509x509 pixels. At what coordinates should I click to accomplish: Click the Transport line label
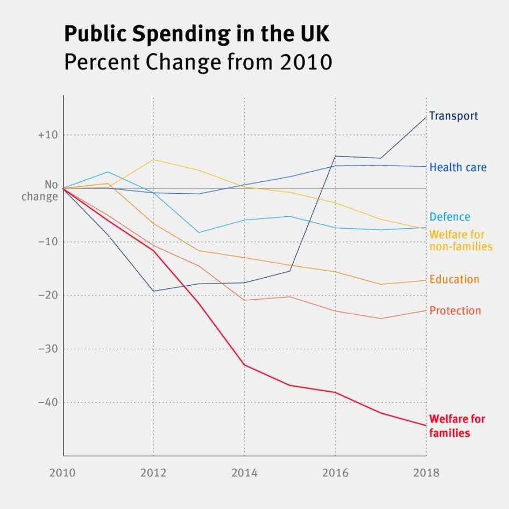pyautogui.click(x=453, y=116)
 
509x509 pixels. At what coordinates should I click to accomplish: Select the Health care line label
pyautogui.click(x=457, y=167)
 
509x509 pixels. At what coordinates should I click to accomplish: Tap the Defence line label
pyautogui.click(x=449, y=217)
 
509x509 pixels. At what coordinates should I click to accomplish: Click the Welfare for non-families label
pyautogui.click(x=461, y=241)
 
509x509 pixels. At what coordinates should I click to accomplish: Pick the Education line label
pyautogui.click(x=454, y=279)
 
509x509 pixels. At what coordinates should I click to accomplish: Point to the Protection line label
pyautogui.click(x=455, y=310)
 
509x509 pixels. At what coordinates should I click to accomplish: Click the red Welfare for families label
pyautogui.click(x=457, y=426)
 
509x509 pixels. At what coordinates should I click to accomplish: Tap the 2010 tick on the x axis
pyautogui.click(x=63, y=473)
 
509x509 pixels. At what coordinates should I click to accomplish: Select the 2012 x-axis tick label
pyautogui.click(x=154, y=473)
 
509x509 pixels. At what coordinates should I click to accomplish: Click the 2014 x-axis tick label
pyautogui.click(x=244, y=473)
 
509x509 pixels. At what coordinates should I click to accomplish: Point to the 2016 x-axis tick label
pyautogui.click(x=335, y=473)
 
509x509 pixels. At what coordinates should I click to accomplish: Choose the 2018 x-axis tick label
pyautogui.click(x=426, y=473)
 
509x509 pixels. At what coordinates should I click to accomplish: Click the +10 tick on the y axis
pyautogui.click(x=47, y=135)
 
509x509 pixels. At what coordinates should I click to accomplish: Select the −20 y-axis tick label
pyautogui.click(x=47, y=295)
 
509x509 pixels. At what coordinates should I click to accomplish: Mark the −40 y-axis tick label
pyautogui.click(x=47, y=402)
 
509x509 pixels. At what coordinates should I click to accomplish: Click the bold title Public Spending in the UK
pyautogui.click(x=196, y=34)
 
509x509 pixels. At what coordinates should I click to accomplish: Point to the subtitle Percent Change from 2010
pyautogui.click(x=197, y=62)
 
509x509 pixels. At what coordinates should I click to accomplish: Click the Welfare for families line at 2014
pyautogui.click(x=244, y=365)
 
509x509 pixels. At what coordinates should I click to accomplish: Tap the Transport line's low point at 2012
pyautogui.click(x=153, y=291)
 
